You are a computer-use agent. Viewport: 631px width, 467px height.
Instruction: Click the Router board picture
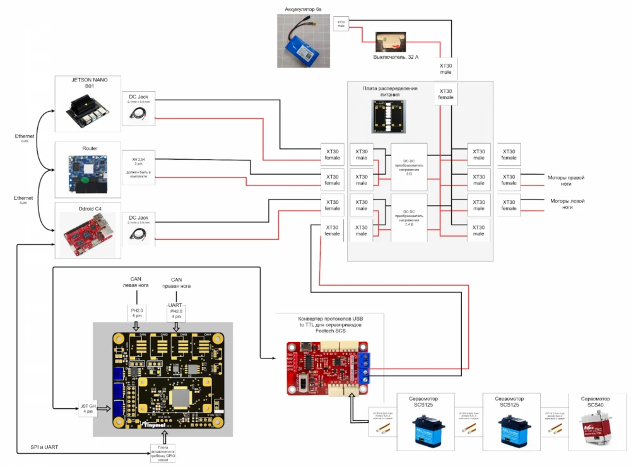[88, 170]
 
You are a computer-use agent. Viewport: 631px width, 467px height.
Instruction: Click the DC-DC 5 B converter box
[409, 163]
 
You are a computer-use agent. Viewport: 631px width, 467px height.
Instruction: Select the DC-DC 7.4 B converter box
[409, 217]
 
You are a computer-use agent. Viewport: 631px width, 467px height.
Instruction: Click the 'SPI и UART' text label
[45, 447]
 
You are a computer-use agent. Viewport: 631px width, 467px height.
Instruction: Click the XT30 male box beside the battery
[341, 23]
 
